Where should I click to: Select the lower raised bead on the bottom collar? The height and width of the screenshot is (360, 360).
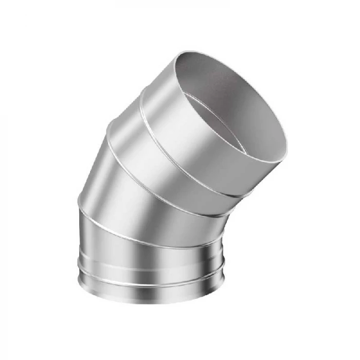coord(149,281)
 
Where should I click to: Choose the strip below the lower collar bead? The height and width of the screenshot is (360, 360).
coord(149,291)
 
